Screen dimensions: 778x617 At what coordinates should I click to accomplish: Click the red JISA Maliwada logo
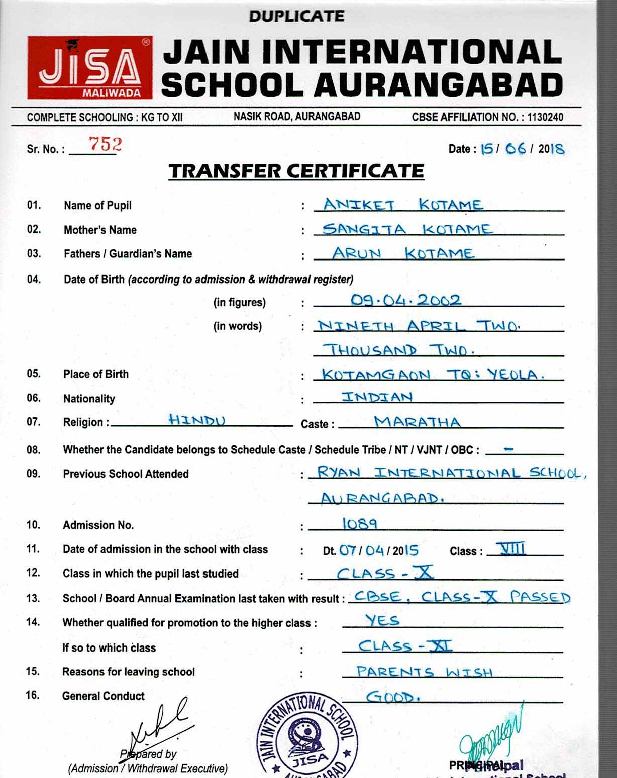[89, 68]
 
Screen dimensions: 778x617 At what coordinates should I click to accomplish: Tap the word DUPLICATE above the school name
[296, 16]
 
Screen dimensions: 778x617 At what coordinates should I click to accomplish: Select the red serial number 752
[106, 144]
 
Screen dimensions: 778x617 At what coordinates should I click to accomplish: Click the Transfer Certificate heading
[296, 171]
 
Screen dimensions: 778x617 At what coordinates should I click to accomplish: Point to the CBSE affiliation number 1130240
[545, 117]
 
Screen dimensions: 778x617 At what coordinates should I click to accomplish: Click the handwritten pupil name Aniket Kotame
[402, 205]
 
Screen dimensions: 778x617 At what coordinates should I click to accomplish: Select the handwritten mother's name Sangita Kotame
[407, 229]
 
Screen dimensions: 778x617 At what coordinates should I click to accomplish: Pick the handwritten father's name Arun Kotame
[402, 253]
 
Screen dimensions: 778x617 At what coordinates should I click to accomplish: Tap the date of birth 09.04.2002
[405, 300]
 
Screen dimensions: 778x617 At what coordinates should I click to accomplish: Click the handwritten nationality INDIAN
[377, 397]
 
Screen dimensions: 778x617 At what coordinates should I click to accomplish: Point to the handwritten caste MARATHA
[417, 422]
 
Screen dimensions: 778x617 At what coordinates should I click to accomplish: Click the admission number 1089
[360, 524]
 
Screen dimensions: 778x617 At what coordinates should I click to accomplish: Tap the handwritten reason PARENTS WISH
[424, 672]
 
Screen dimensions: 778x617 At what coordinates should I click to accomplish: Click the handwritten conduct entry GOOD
[392, 697]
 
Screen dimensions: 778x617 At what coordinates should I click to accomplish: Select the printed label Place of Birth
[96, 374]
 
